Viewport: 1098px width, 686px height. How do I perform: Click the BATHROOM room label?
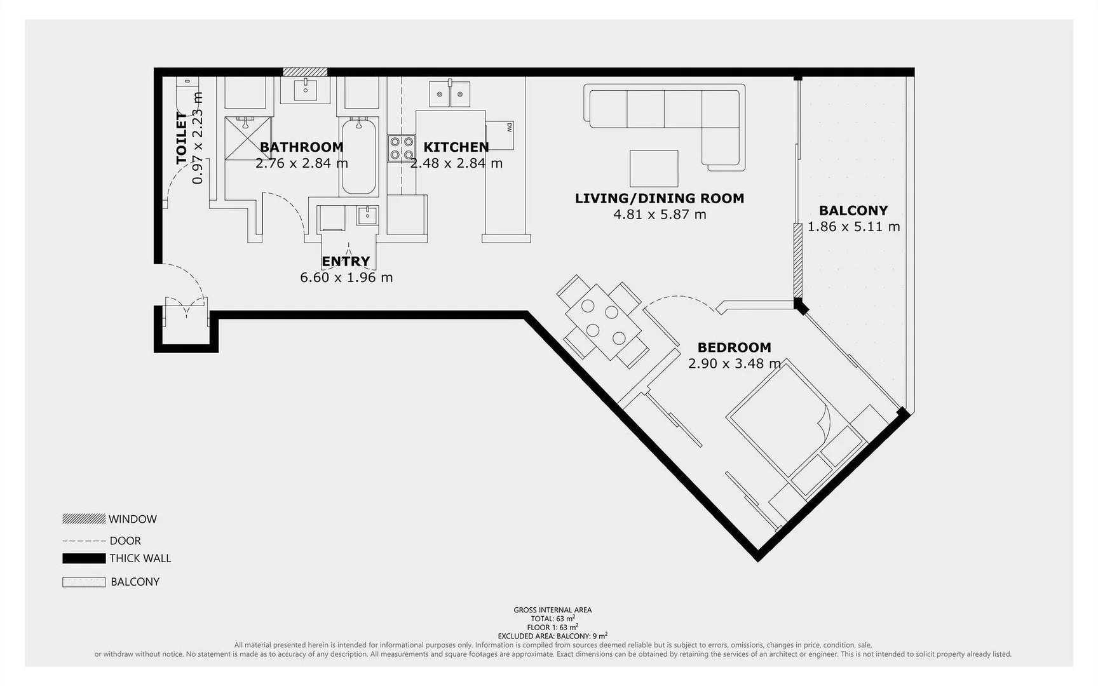tap(301, 147)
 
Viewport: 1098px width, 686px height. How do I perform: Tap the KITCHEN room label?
tap(456, 147)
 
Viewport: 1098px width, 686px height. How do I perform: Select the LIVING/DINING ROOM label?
tap(660, 198)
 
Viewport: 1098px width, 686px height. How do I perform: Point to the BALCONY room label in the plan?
tap(853, 210)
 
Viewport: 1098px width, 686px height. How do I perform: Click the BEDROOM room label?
tap(735, 347)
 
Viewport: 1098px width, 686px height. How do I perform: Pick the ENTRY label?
tap(346, 261)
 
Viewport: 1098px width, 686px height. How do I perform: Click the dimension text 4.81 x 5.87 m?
tap(660, 215)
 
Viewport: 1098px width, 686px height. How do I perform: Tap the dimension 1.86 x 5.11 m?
tap(853, 227)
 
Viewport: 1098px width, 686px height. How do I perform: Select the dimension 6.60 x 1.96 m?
tap(346, 278)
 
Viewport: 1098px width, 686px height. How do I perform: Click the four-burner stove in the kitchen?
tap(402, 148)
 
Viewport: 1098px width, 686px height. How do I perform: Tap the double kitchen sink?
tap(450, 94)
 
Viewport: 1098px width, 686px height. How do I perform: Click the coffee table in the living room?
tap(654, 168)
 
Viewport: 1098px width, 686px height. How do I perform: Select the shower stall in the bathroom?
tap(248, 138)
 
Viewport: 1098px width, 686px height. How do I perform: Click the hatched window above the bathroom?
tap(305, 72)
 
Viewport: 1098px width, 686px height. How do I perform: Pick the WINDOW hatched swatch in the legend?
tap(84, 519)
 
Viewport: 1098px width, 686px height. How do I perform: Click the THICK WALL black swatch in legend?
tap(84, 558)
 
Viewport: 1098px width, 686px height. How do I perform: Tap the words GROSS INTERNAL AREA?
tap(552, 610)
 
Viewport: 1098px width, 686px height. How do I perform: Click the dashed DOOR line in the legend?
tap(84, 541)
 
